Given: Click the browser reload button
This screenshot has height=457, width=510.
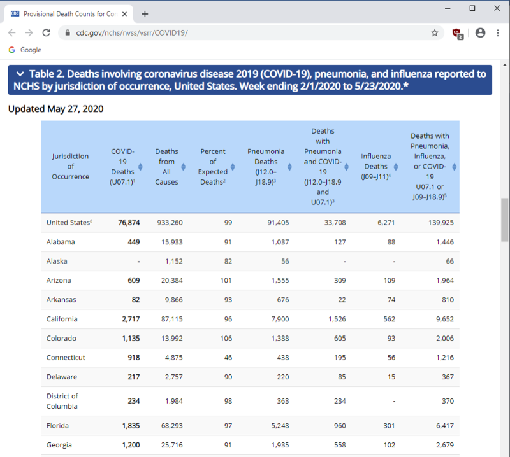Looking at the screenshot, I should coord(46,32).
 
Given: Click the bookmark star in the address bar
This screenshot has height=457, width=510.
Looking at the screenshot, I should coord(435,32).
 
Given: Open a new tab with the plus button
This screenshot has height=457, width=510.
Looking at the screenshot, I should coord(145,13).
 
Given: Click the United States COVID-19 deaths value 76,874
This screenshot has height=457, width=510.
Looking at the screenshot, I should coord(129,223).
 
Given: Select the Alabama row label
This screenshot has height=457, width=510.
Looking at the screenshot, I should coord(61,242).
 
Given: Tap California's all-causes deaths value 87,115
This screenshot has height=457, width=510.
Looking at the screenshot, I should coord(170,319).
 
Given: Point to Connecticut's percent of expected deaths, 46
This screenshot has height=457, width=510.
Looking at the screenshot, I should coord(228,358).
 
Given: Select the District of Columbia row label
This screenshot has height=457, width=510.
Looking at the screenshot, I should coord(62,401).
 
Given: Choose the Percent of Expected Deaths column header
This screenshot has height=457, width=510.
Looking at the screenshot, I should coord(213,167).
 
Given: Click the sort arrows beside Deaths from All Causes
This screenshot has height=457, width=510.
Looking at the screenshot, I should coord(184,167).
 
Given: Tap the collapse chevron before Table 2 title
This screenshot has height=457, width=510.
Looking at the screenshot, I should coord(20,74).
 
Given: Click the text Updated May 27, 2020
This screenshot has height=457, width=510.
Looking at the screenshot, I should coord(55,109).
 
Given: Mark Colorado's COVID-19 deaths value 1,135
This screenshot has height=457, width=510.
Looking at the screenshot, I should coord(130,339).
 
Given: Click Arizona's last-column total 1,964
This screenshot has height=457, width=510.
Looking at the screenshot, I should coord(445,281).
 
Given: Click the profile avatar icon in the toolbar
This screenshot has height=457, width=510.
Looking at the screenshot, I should coord(480,32).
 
